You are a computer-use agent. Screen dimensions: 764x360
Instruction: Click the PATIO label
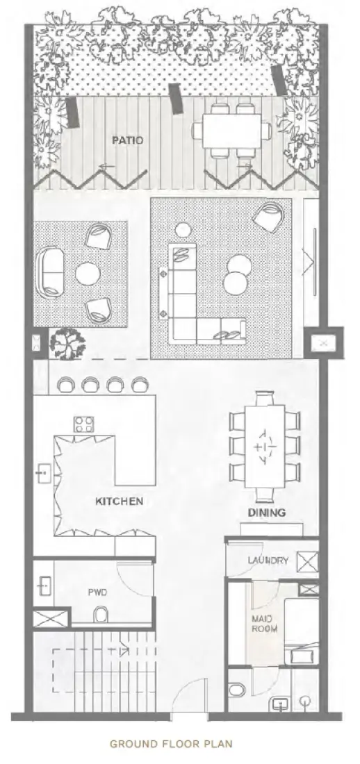click(128, 140)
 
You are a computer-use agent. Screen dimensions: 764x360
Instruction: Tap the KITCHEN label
click(120, 501)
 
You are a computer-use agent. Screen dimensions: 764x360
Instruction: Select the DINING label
click(267, 513)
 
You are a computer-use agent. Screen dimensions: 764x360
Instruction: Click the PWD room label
click(96, 593)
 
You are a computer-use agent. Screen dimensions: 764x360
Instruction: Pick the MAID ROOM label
click(264, 624)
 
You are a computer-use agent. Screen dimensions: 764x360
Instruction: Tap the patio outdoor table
click(236, 129)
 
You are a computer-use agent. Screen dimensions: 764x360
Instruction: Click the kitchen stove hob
click(85, 424)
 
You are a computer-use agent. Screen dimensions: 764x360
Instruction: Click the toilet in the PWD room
click(100, 614)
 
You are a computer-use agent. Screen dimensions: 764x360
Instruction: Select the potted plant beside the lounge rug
click(67, 342)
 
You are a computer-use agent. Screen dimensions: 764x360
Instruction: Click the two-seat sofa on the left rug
click(49, 272)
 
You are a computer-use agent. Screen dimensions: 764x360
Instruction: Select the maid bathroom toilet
click(238, 690)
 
